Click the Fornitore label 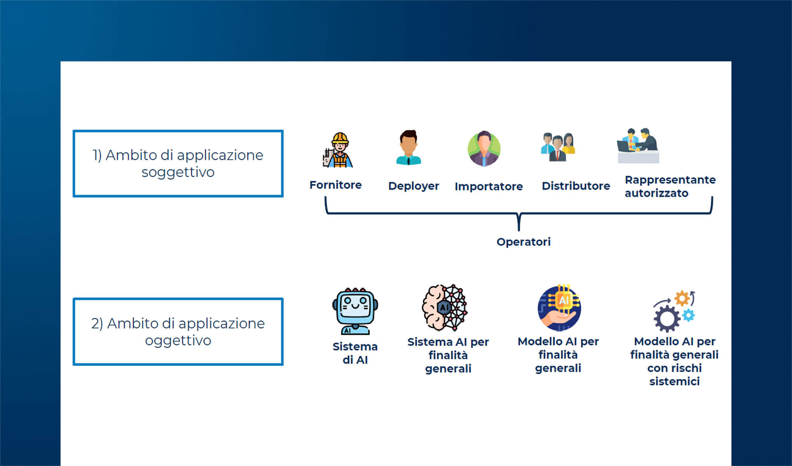click(335, 185)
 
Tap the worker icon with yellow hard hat click(338, 150)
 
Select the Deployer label click(413, 186)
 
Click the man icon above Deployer click(408, 148)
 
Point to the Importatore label click(488, 186)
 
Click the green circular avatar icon click(484, 149)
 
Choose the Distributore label click(576, 186)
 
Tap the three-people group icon click(558, 147)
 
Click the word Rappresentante click(670, 180)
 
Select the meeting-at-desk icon click(638, 146)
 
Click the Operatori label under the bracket click(523, 242)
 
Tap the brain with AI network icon click(445, 308)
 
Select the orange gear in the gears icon click(682, 299)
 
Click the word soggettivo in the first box click(178, 172)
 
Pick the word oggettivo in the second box click(178, 341)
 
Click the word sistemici click(674, 381)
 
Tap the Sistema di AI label click(355, 353)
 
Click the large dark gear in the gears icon click(667, 319)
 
